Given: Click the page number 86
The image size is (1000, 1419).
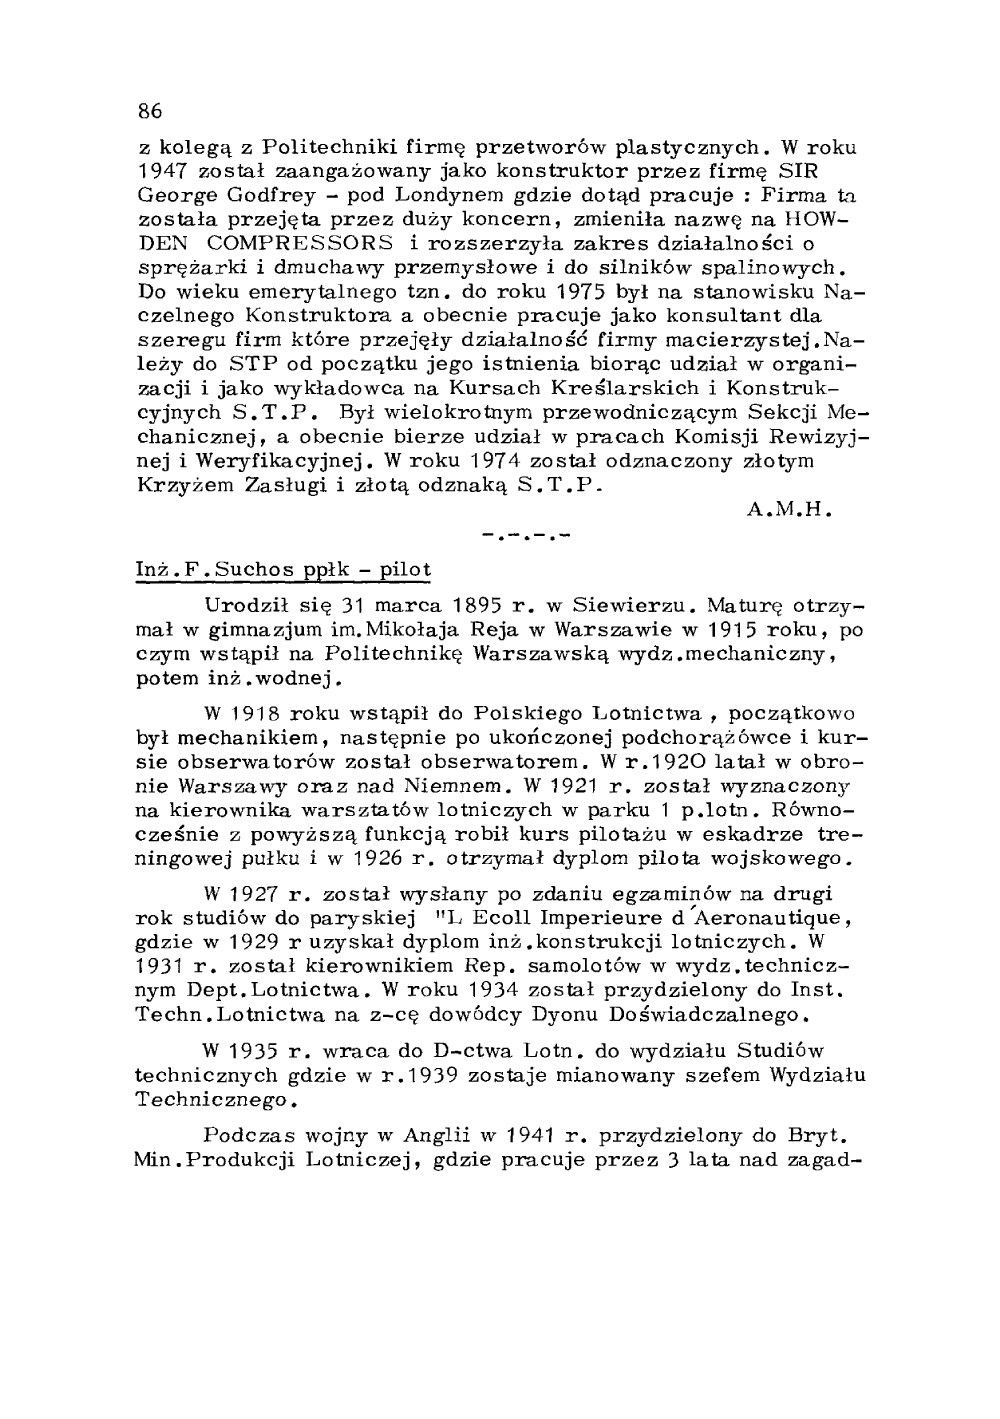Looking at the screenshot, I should (x=150, y=109).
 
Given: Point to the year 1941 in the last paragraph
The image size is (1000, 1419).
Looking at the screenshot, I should (x=525, y=1136).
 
